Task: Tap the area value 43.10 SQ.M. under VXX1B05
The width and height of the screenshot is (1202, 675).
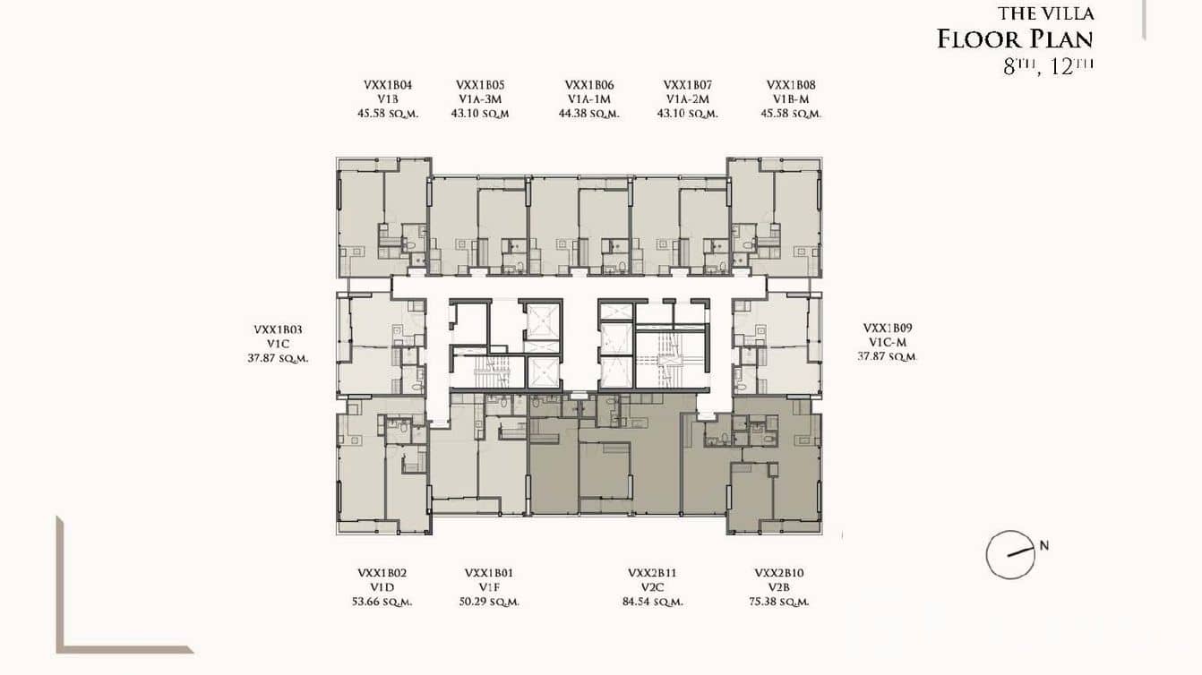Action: pyautogui.click(x=480, y=114)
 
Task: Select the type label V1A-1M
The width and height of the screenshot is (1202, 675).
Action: pyautogui.click(x=588, y=99)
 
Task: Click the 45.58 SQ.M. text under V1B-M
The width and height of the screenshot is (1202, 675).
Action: pyautogui.click(x=791, y=114)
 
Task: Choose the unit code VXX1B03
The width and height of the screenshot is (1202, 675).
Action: pyautogui.click(x=279, y=329)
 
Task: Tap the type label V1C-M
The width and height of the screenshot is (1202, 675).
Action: pyautogui.click(x=887, y=343)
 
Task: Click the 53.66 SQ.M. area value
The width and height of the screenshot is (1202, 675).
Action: pyautogui.click(x=382, y=602)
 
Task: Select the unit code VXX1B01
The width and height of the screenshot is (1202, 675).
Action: pyautogui.click(x=489, y=573)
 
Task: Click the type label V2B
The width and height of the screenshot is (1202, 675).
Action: pyautogui.click(x=778, y=587)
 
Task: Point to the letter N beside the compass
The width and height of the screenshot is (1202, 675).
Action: pyautogui.click(x=1043, y=545)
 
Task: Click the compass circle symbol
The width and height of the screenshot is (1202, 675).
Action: pyautogui.click(x=1009, y=555)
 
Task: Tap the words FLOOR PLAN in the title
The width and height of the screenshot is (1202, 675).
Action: pyautogui.click(x=1015, y=39)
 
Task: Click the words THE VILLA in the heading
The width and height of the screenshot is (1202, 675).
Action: pyautogui.click(x=1045, y=13)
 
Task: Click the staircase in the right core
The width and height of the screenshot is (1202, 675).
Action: pyautogui.click(x=667, y=362)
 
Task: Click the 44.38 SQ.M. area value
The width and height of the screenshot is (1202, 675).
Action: pyautogui.click(x=588, y=114)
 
